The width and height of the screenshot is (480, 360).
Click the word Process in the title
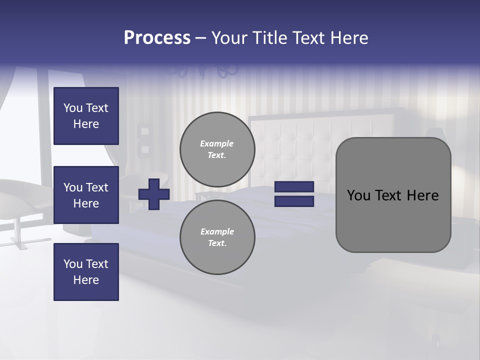pos(157,38)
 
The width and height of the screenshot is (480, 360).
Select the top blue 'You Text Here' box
pos(86,116)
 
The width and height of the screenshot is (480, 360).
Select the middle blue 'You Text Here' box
pos(86,195)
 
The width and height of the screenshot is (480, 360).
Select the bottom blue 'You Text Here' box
pos(86,272)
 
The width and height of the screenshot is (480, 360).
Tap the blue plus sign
pos(154,194)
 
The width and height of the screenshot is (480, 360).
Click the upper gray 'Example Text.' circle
pos(217,149)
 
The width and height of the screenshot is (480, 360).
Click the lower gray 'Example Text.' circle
pos(217,237)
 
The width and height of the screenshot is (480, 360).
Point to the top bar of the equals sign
pos(294,187)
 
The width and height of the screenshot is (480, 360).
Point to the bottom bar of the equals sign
pos(294,201)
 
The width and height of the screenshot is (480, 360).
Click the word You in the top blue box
pos(73,108)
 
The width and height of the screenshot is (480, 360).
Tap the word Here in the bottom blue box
pos(86,280)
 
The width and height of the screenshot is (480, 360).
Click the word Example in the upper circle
pos(216,143)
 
